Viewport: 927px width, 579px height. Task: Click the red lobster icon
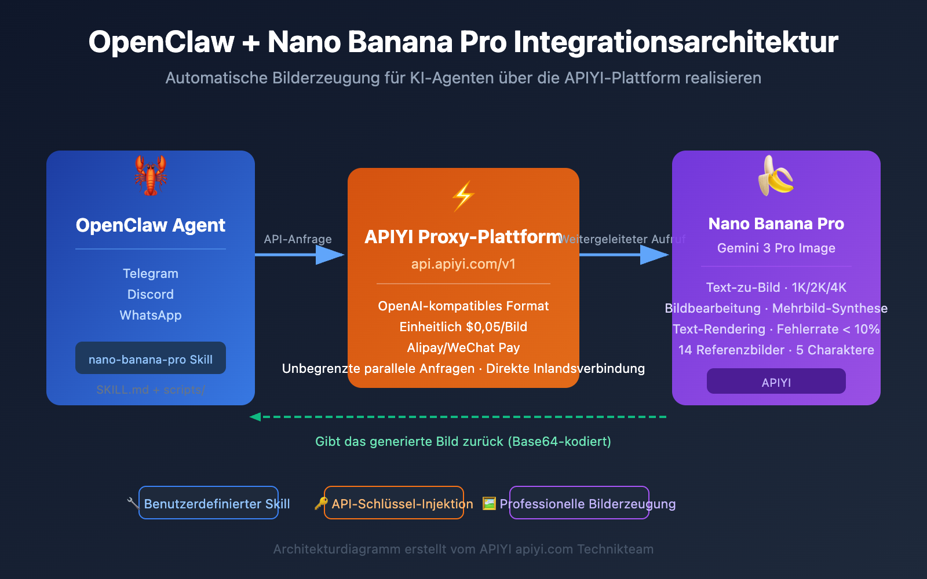151,175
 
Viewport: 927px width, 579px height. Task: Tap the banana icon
776,175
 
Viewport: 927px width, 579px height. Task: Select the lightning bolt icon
463,196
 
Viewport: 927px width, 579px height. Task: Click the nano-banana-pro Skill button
151,358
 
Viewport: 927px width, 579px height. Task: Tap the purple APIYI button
776,382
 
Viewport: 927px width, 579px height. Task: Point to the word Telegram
151,273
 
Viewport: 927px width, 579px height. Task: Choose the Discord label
151,294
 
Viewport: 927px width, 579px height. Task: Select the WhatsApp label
151,315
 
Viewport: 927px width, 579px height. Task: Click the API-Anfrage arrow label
298,239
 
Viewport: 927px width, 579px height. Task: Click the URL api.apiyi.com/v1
463,264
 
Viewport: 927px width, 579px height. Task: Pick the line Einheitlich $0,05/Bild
463,327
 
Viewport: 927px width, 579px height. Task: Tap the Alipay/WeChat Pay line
463,347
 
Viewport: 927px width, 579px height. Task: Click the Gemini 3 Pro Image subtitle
776,248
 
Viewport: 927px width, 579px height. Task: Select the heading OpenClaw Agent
151,225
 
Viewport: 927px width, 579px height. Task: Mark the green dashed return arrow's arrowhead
255,417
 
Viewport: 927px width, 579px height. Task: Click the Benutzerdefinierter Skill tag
209,503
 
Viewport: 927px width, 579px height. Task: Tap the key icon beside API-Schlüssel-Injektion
320,503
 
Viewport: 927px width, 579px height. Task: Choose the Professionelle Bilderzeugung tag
579,503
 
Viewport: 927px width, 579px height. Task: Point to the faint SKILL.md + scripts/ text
151,390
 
